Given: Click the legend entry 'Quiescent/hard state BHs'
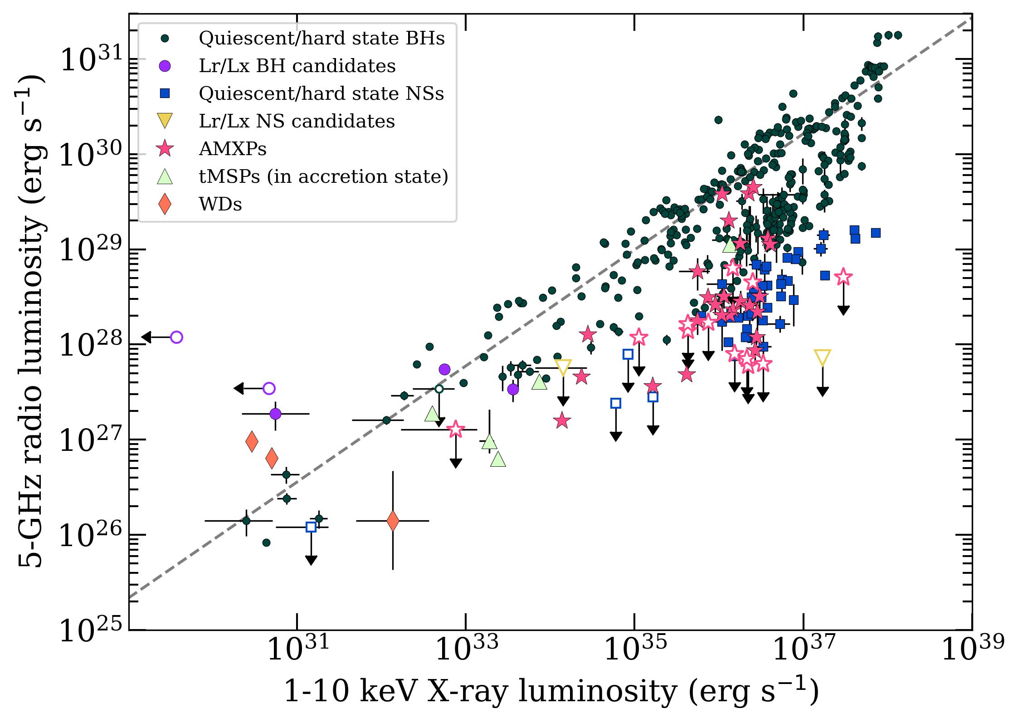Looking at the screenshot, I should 321,39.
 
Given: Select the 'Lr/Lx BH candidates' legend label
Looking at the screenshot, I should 297,66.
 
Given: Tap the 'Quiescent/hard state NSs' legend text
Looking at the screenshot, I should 321,94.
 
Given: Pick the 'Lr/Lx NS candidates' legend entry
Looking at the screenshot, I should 297,122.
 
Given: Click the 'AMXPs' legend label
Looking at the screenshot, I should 233,149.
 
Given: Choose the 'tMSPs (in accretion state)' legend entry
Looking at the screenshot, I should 323,177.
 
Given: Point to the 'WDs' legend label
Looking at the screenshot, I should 220,205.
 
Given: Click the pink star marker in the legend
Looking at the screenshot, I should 165,149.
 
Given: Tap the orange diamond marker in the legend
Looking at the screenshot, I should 165,204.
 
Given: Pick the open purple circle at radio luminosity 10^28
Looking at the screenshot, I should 176,337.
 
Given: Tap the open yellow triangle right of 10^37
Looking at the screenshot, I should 823,358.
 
